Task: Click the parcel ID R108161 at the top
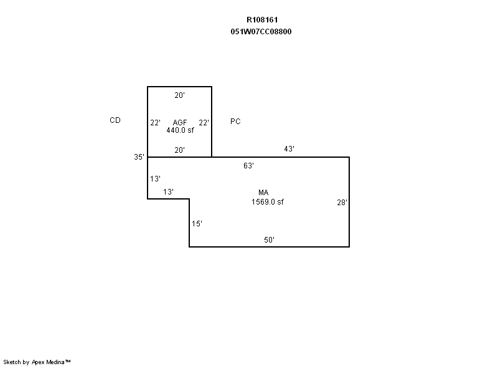pos(262,20)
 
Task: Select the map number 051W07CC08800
pos(261,31)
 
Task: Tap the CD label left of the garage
pos(115,120)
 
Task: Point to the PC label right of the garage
pos(235,122)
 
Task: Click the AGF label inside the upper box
pos(180,122)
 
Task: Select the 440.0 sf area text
pos(180,130)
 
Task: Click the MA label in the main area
pos(263,193)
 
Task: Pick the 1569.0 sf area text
pos(268,202)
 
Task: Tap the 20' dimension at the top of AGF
pos(179,95)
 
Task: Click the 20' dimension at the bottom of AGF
pos(179,150)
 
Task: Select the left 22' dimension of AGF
pos(155,123)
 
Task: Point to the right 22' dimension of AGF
pos(204,123)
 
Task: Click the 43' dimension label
pos(289,149)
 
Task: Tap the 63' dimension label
pos(248,166)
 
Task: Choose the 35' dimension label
pos(139,157)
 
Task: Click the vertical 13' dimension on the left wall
pos(155,179)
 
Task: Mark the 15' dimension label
pos(197,224)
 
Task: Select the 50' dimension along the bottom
pos(269,240)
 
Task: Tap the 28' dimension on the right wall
pos(342,203)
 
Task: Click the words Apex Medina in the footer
pos(49,362)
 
